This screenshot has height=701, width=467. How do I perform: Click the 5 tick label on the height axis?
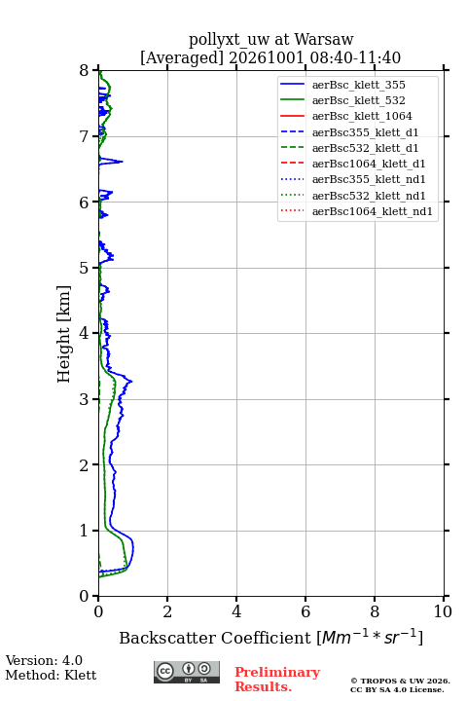click(x=85, y=268)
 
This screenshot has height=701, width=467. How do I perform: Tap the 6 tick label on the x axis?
click(x=305, y=611)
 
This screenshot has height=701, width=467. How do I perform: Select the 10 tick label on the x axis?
click(x=443, y=611)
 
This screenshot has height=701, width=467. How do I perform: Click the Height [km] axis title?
click(x=63, y=334)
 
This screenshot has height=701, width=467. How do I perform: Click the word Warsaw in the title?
click(x=324, y=39)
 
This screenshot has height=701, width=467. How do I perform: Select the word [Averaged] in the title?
click(x=181, y=57)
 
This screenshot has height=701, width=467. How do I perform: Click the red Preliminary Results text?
click(x=277, y=680)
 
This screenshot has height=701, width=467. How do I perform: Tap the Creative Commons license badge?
click(x=187, y=672)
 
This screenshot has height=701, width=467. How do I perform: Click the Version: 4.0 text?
click(x=44, y=660)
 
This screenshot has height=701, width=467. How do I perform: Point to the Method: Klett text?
click(x=51, y=675)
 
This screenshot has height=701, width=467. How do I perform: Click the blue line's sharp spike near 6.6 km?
click(x=122, y=162)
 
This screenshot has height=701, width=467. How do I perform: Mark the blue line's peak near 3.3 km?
click(x=132, y=381)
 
